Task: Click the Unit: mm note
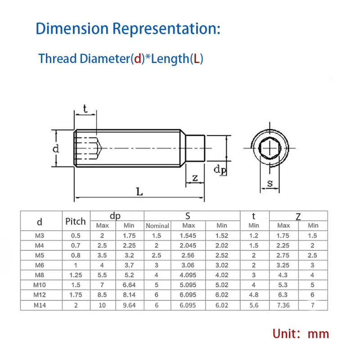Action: [x=301, y=334]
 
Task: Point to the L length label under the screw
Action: [x=139, y=192]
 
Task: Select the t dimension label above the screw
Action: [x=85, y=108]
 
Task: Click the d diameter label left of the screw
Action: [x=56, y=148]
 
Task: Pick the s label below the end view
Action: [x=270, y=183]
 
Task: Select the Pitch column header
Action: [x=76, y=221]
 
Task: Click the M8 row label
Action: [x=40, y=274]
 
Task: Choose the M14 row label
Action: [x=40, y=305]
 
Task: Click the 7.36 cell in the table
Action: [x=283, y=305]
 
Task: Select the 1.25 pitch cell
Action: [x=76, y=274]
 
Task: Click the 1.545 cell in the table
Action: [x=188, y=235]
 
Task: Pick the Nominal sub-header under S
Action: [x=157, y=226]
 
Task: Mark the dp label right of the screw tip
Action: [x=220, y=170]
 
